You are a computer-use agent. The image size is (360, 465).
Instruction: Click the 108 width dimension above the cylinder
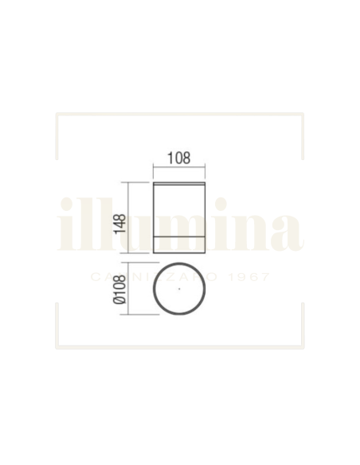(x=180, y=158)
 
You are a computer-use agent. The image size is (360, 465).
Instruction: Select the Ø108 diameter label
(x=119, y=291)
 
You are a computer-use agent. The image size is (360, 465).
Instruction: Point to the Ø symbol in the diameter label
(x=119, y=303)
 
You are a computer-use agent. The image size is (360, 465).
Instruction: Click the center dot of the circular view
(x=180, y=290)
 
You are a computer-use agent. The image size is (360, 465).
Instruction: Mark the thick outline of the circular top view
(x=154, y=290)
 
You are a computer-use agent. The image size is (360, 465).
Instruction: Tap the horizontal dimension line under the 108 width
(x=180, y=167)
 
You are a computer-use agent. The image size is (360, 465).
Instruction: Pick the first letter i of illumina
(x=67, y=225)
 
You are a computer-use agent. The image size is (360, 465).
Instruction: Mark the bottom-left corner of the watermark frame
(x=57, y=346)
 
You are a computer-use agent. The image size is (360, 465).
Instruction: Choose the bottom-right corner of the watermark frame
(x=302, y=346)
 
